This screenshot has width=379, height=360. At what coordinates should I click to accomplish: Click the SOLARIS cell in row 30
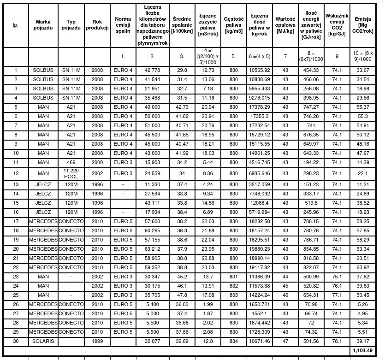tap(43, 342)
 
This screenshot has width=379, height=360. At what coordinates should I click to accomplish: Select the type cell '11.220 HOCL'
tap(71, 173)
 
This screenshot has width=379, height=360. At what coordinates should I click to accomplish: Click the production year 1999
tap(97, 342)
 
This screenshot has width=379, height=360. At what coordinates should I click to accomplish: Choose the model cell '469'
tap(71, 162)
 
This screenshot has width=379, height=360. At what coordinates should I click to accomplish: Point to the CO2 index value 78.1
tap(337, 342)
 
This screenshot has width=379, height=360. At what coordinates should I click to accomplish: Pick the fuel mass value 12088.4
tap(259, 203)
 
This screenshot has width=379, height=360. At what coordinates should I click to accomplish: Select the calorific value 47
tap(285, 342)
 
